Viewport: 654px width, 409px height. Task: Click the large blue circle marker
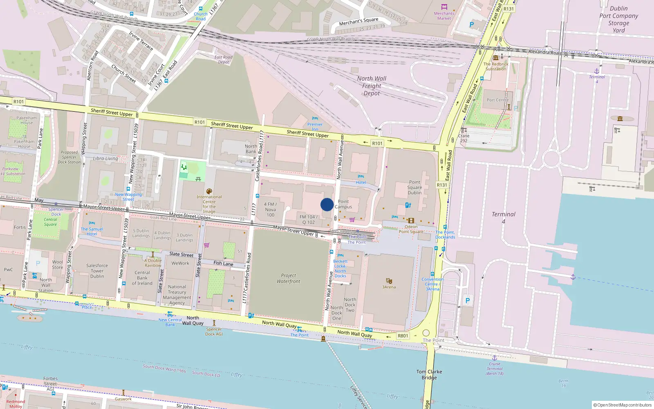[x=327, y=204]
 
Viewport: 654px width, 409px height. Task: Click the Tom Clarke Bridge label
[x=429, y=375]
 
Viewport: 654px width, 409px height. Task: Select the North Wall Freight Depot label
[x=372, y=86]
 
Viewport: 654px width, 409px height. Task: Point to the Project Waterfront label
[x=288, y=279]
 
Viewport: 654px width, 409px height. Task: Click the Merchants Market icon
[x=444, y=7]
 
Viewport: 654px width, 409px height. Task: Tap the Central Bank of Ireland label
[x=142, y=278]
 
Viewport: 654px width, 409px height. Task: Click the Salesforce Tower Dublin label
[x=97, y=271]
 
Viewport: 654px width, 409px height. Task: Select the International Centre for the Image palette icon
[x=209, y=191]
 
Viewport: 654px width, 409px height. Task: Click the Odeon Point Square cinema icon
[x=411, y=220]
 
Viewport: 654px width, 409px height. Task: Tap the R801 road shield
[x=403, y=336]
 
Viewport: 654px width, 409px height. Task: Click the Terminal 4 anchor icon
[x=597, y=71]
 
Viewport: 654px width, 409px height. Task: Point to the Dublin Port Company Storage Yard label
[x=618, y=19]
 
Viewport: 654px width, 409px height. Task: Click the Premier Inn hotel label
[x=315, y=126]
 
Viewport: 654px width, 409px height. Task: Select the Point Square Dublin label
[x=414, y=187]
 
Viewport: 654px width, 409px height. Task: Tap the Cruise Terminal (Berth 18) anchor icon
[x=494, y=358]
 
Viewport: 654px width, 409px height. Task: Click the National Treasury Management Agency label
[x=177, y=295]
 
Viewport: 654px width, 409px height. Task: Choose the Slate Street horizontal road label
[x=181, y=254]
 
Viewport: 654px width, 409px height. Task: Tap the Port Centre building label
[x=497, y=100]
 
